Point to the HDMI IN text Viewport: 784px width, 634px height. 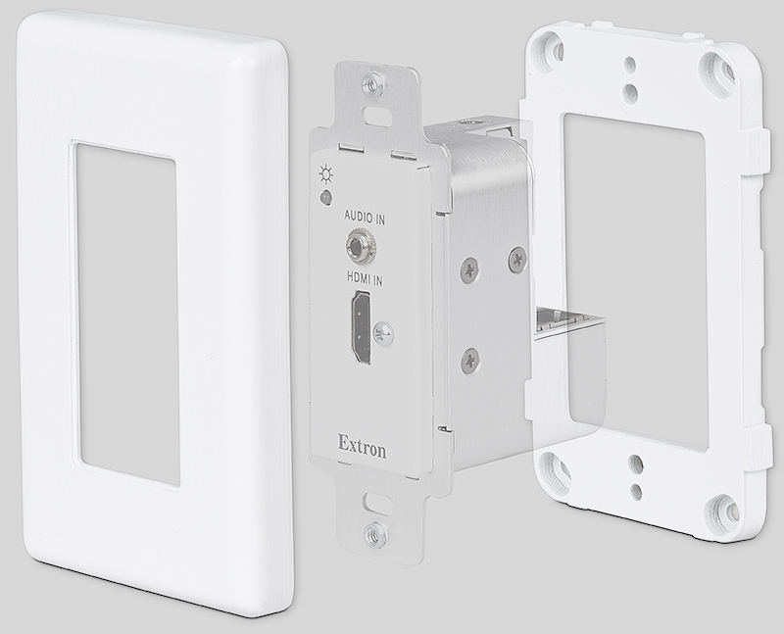[364, 278]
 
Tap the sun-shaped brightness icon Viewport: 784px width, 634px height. [323, 178]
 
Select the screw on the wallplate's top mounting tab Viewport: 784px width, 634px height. [369, 84]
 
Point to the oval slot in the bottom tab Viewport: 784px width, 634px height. [372, 502]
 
